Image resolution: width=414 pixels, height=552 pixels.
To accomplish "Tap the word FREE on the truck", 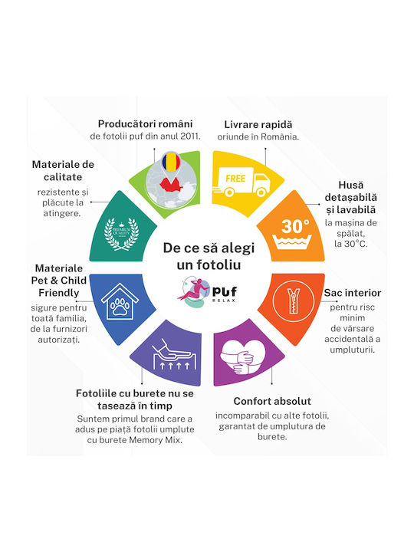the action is (x=235, y=179).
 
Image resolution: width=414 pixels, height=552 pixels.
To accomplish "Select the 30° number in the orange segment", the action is (x=295, y=226).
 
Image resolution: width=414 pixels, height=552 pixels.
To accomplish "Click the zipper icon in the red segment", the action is (x=293, y=301).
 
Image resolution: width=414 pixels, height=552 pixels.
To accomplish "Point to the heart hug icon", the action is (x=242, y=356).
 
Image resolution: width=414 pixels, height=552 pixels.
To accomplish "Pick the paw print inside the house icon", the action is (x=120, y=307).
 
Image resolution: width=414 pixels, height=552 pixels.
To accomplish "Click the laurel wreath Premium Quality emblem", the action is (x=121, y=233).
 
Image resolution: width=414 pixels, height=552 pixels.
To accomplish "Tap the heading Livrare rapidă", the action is (x=258, y=125).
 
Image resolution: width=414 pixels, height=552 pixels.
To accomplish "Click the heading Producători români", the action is (x=145, y=124).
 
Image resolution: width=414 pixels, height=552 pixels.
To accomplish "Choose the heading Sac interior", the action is (x=353, y=293).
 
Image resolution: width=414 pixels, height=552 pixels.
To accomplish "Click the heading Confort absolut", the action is (x=272, y=401).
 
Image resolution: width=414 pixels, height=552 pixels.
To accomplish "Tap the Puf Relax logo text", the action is (x=224, y=294).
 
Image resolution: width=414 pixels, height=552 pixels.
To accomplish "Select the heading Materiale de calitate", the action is (x=63, y=170).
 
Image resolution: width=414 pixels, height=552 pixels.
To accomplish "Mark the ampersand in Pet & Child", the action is (x=54, y=281).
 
